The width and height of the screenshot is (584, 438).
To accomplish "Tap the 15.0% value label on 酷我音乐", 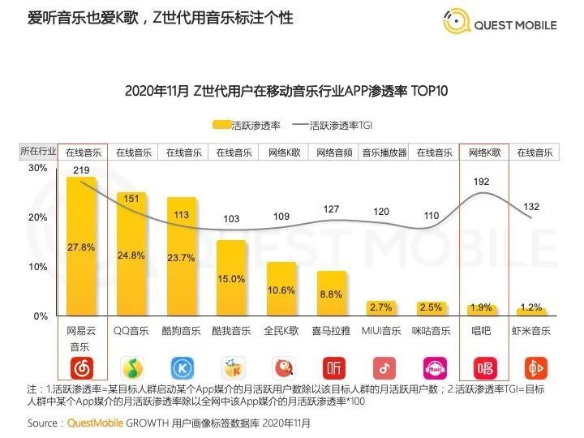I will (232, 279).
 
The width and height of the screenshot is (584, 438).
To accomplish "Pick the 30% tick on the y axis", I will (38, 168).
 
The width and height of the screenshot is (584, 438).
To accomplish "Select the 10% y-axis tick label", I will (38, 267).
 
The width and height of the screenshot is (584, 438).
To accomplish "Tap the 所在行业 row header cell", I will (38, 152).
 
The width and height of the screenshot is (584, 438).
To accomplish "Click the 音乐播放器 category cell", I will (384, 152).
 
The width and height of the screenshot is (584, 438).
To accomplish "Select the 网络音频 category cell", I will (333, 152).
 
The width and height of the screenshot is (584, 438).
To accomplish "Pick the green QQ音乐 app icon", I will (131, 367).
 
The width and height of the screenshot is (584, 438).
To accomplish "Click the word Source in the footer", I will (43, 423).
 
